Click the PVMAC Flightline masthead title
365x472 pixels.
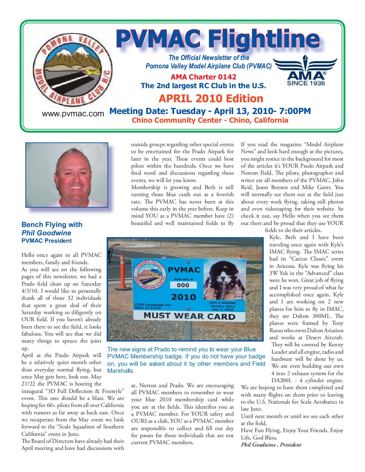point(217,40)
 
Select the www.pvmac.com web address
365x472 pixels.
point(73,114)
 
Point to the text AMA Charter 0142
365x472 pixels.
point(203,77)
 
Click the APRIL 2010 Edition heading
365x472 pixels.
point(211,99)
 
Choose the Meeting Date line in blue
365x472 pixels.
point(210,111)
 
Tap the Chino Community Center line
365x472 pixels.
point(210,120)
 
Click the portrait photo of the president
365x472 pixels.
point(67,175)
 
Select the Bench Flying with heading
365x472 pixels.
point(52,225)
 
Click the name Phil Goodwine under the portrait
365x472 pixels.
point(46,233)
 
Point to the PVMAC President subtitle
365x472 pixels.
point(47,241)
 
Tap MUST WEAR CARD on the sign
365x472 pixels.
point(189,316)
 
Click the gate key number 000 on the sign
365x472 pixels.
point(183,285)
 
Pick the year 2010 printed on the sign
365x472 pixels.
point(183,297)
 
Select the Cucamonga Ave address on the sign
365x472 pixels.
point(152,306)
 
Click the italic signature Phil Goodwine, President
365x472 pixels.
point(271,445)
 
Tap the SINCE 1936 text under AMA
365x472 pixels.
point(306,83)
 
